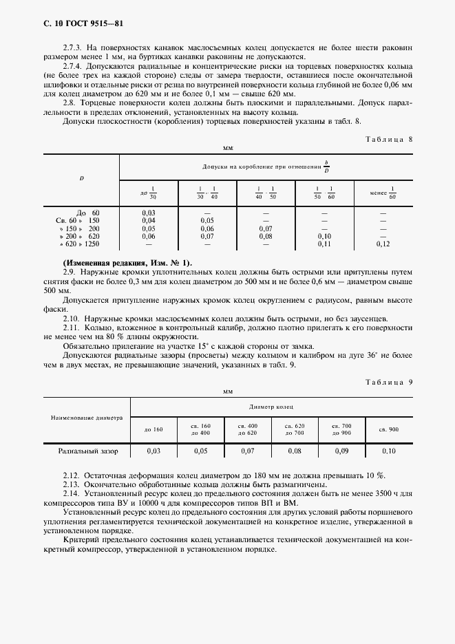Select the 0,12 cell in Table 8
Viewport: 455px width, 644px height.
(383, 244)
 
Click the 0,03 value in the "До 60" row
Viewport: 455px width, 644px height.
(148, 213)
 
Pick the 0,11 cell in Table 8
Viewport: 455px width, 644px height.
(323, 244)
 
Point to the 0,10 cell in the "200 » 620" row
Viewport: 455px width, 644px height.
(323, 236)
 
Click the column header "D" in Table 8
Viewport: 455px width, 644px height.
(81, 179)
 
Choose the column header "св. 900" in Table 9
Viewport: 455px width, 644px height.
(389, 429)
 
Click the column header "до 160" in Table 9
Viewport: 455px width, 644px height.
(154, 429)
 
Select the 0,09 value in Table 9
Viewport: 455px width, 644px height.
(341, 451)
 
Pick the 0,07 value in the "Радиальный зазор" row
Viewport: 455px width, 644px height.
(247, 451)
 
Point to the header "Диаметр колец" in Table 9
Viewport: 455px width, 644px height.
(271, 407)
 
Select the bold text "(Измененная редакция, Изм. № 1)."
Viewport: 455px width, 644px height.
(128, 264)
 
